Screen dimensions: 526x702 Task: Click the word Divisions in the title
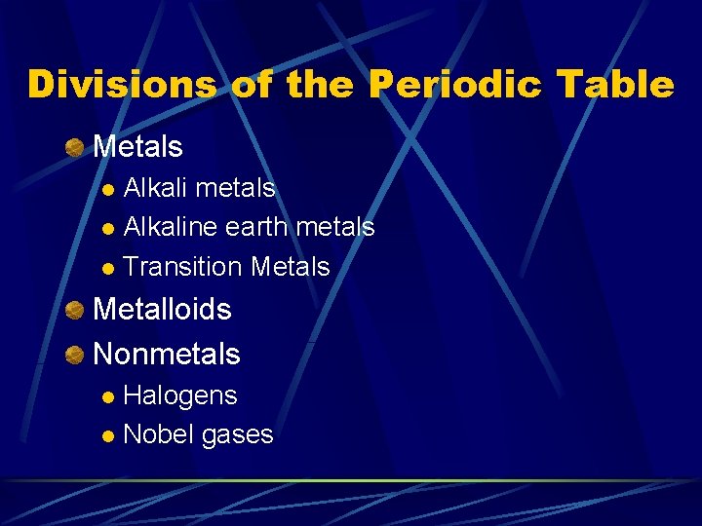pos(124,85)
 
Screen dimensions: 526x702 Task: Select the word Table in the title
pos(618,85)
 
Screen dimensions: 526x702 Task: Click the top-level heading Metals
pos(137,147)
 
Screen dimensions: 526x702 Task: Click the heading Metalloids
pos(162,310)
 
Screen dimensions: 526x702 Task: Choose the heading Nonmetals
pos(166,354)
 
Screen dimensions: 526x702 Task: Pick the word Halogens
pos(180,394)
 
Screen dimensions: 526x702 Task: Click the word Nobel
pos(159,434)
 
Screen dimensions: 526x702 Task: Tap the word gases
pos(237,435)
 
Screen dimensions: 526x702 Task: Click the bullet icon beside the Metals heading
pos(75,148)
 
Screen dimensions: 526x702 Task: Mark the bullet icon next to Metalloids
pos(75,311)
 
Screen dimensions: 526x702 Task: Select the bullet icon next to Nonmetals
pos(75,355)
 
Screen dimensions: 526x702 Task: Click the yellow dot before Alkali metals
pos(110,188)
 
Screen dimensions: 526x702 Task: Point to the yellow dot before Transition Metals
pos(110,268)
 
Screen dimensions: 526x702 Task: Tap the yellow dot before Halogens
pos(110,396)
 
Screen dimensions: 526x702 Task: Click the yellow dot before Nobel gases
pos(110,436)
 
